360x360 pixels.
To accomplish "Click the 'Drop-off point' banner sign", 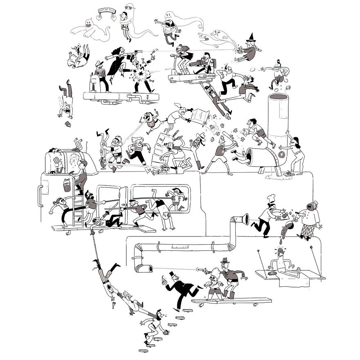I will (x=106, y=11).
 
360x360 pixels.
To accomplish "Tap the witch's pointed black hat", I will (x=250, y=40).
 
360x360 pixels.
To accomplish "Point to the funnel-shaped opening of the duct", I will (x=244, y=219).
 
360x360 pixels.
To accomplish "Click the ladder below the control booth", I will (x=76, y=209).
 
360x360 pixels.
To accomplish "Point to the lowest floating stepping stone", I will (x=144, y=351).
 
